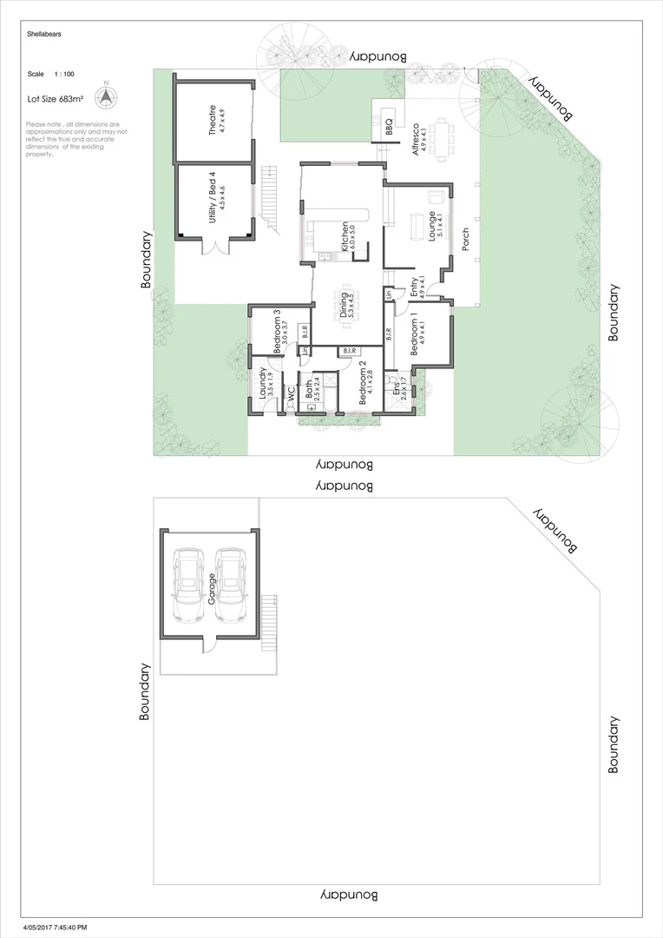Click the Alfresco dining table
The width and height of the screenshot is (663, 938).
[444, 140]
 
